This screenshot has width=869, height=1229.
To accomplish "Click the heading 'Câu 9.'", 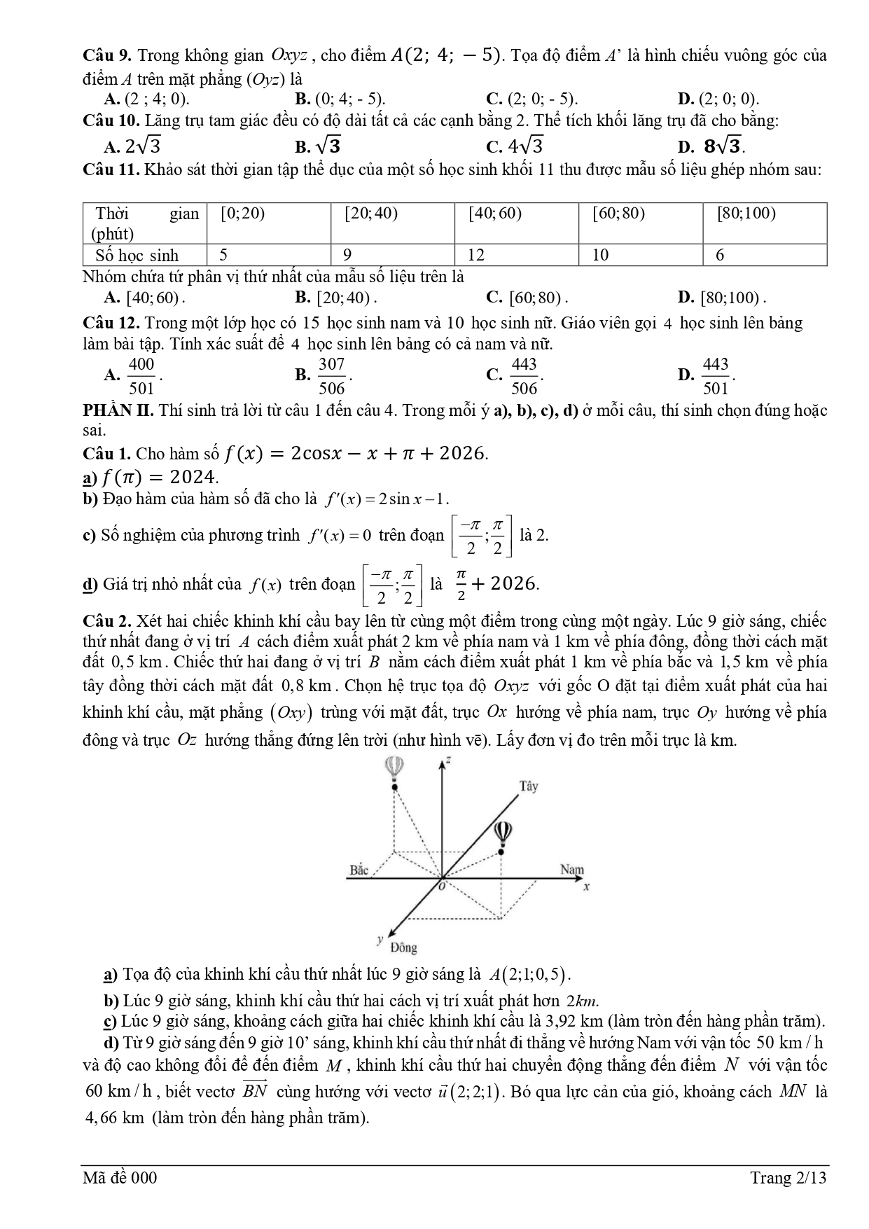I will (x=108, y=55).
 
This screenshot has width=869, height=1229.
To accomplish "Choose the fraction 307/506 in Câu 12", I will (x=332, y=376).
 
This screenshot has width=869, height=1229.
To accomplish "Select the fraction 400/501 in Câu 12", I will (x=141, y=376).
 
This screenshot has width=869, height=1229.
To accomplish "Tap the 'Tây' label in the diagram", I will (x=529, y=786).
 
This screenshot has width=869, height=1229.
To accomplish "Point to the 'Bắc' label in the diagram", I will (x=359, y=870).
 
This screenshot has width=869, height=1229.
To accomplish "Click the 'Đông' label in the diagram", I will (x=404, y=947).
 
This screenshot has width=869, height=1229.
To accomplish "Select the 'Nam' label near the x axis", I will (x=572, y=870).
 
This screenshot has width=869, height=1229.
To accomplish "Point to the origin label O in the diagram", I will (x=442, y=886).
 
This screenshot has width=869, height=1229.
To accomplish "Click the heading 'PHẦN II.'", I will (x=118, y=410).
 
